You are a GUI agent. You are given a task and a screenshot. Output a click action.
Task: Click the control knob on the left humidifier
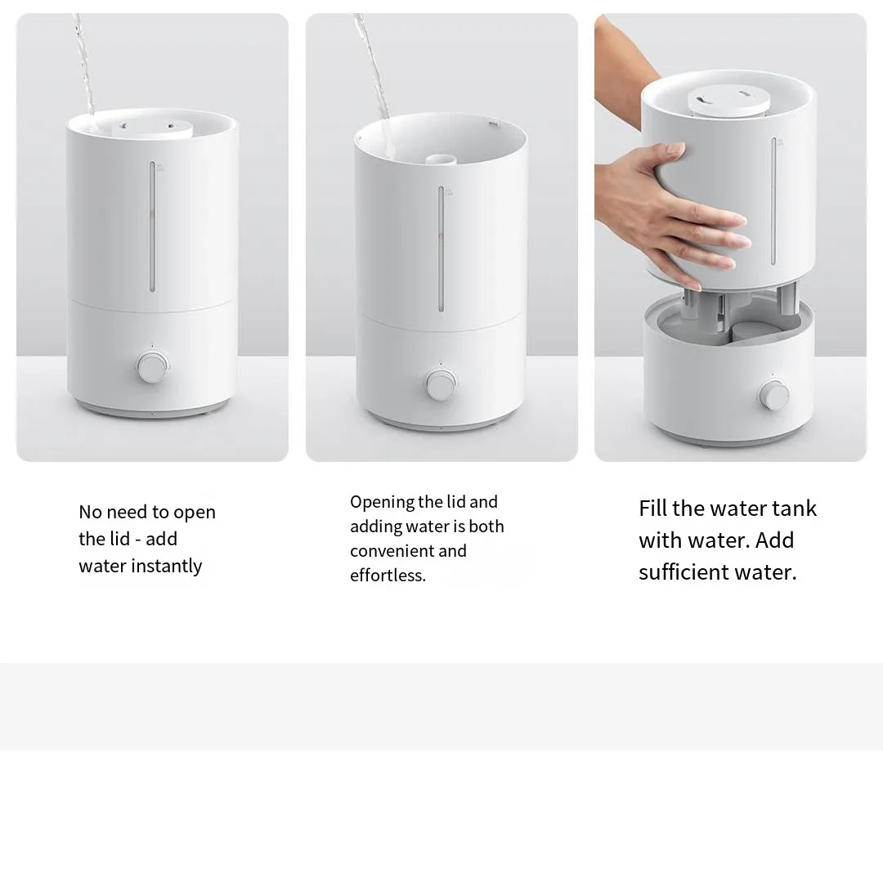pyautogui.click(x=152, y=367)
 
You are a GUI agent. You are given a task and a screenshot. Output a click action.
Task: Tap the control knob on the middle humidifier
pyautogui.click(x=441, y=384)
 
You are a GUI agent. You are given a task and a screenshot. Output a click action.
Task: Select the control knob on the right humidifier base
pyautogui.click(x=773, y=394)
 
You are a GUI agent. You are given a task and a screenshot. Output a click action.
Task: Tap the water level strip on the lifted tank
pyautogui.click(x=773, y=200)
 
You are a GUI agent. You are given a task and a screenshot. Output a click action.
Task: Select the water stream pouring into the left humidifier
pyautogui.click(x=84, y=65)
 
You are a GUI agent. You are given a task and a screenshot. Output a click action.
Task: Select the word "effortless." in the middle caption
pyautogui.click(x=388, y=576)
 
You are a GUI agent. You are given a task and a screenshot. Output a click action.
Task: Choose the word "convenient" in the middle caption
pyautogui.click(x=391, y=551)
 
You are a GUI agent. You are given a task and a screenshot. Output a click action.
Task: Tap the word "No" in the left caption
pyautogui.click(x=90, y=512)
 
